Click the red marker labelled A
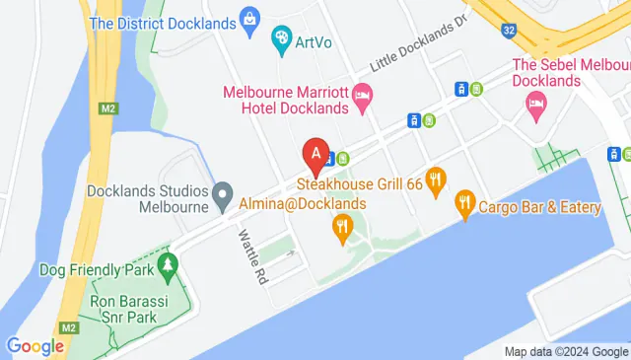[315, 155]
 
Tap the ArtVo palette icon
[282, 38]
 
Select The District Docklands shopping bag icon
[250, 19]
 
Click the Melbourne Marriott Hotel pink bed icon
[362, 97]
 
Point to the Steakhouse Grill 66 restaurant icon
[437, 179]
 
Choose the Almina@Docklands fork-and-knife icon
[342, 226]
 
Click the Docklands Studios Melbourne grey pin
[224, 191]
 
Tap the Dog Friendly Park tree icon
[168, 265]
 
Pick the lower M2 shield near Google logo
[68, 326]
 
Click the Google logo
[35, 346]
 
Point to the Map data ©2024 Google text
[566, 352]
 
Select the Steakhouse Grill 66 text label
[360, 183]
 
